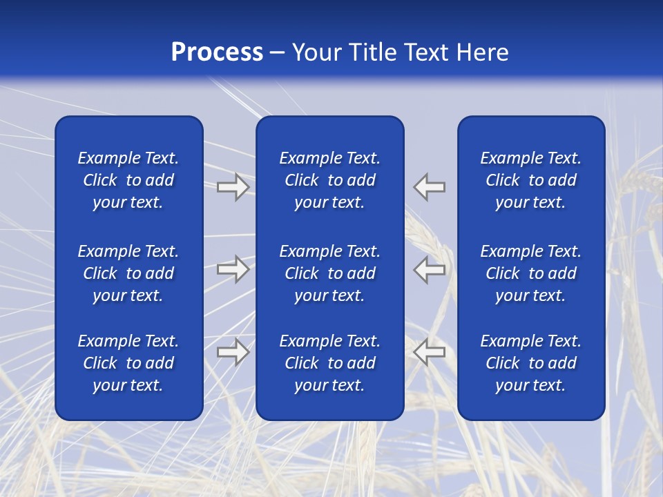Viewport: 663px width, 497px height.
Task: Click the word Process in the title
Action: pos(217,52)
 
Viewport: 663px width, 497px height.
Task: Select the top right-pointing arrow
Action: pos(233,186)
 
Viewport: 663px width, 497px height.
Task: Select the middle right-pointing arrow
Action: pos(233,269)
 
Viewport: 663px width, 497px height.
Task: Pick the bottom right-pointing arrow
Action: pos(233,352)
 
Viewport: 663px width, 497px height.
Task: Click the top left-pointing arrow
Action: pos(430,186)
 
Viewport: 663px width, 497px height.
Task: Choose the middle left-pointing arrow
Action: pos(430,269)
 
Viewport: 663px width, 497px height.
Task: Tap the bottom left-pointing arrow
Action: pos(430,352)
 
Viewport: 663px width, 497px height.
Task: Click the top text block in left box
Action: pos(128,180)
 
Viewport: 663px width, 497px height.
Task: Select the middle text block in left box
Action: pos(128,273)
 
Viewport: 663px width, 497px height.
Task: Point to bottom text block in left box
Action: pos(128,363)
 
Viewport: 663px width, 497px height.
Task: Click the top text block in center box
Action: pos(330,180)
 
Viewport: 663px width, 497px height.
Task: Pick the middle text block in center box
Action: pos(330,273)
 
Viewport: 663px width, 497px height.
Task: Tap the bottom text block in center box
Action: pos(330,363)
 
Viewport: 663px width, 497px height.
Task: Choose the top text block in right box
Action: pos(531,180)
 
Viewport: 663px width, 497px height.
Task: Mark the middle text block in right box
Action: pos(531,273)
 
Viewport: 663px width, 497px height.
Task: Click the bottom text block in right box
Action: pos(531,363)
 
